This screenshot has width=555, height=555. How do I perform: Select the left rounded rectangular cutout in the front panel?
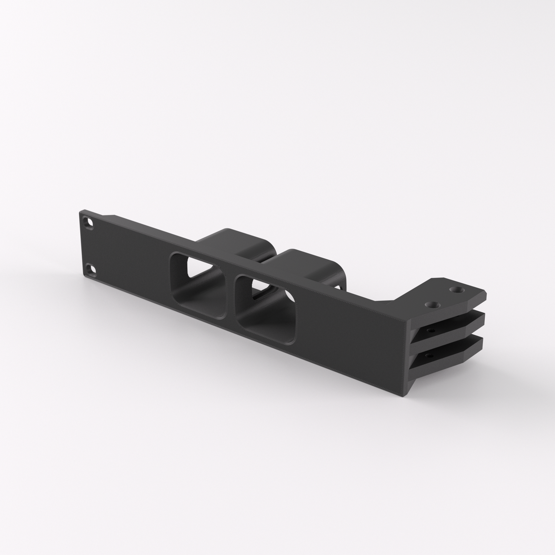[199, 285]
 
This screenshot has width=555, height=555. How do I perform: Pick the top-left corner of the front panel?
[80, 211]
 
